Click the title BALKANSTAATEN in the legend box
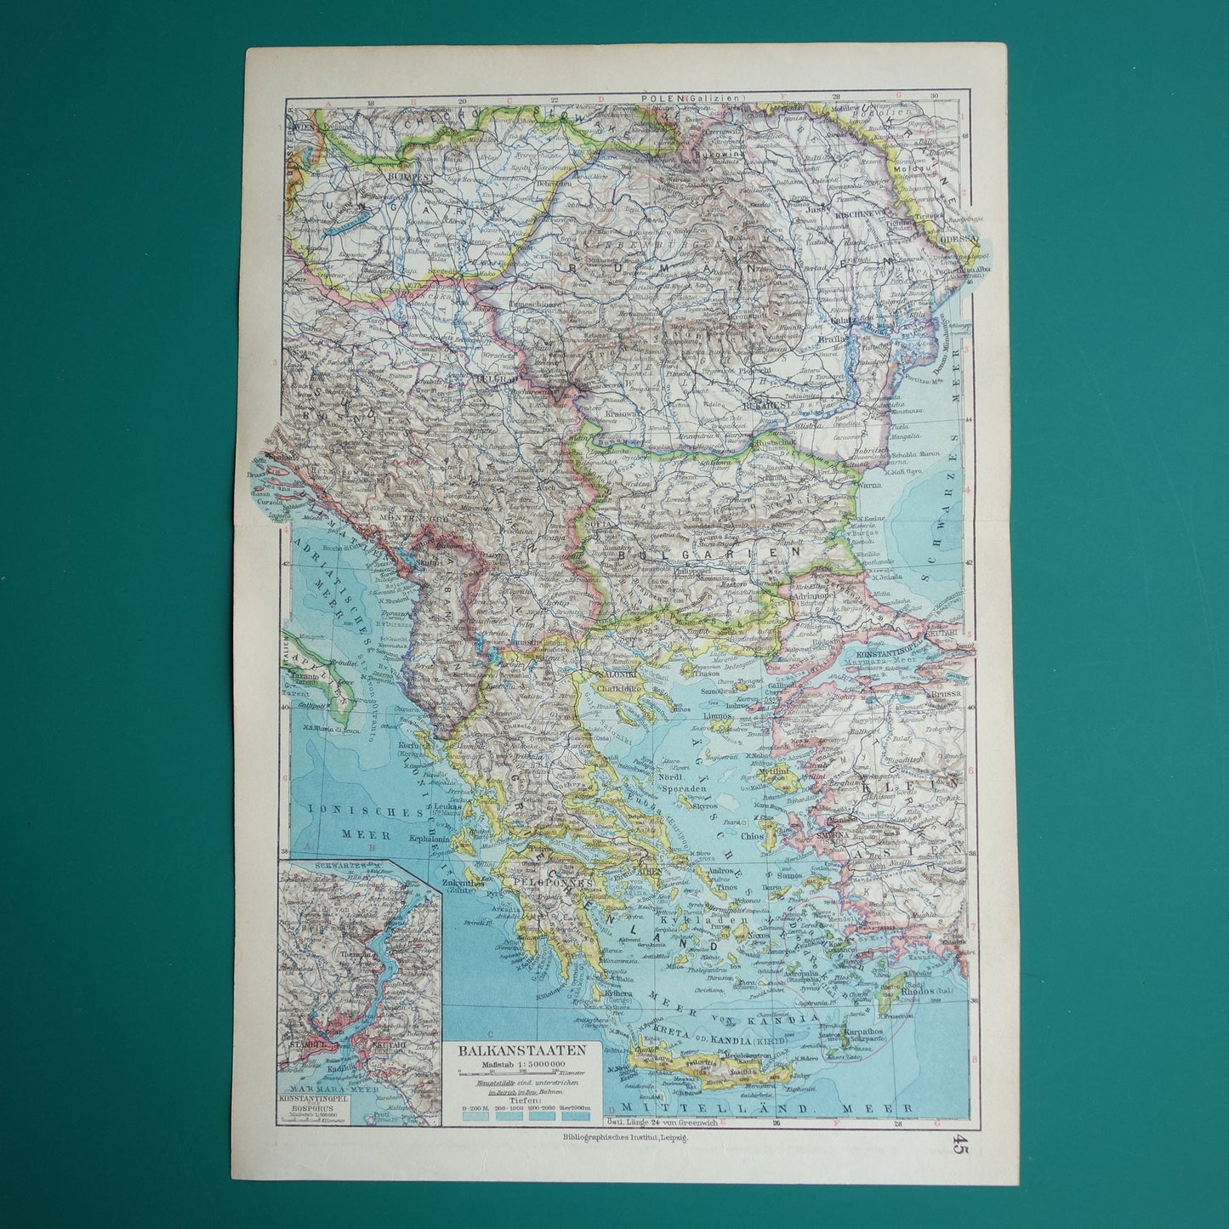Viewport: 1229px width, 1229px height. (x=527, y=1050)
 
